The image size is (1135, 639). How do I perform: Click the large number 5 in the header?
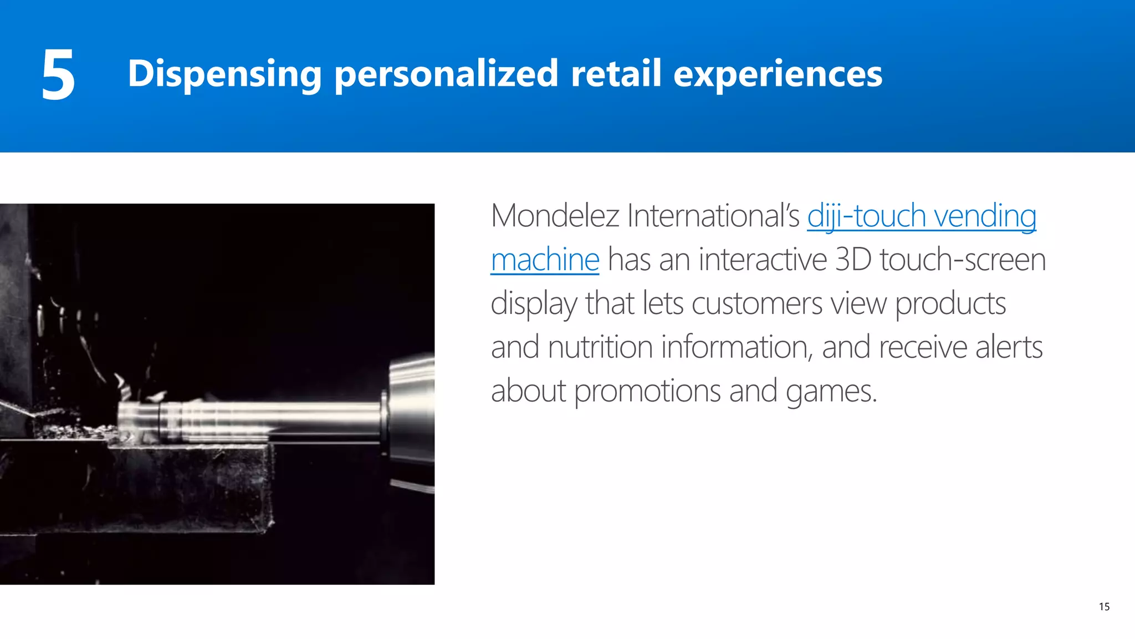58,74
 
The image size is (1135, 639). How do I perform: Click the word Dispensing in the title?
224,74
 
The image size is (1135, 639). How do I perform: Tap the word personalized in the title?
446,74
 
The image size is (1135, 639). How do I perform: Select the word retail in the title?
616,73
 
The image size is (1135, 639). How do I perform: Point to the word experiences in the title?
778,74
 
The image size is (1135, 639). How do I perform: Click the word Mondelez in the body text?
555,216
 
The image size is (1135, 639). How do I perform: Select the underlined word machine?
545,260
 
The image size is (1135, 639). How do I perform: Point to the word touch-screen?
963,260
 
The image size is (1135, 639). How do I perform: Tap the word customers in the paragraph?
757,304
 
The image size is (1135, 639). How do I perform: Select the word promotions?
647,392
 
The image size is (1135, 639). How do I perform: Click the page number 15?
1104,607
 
